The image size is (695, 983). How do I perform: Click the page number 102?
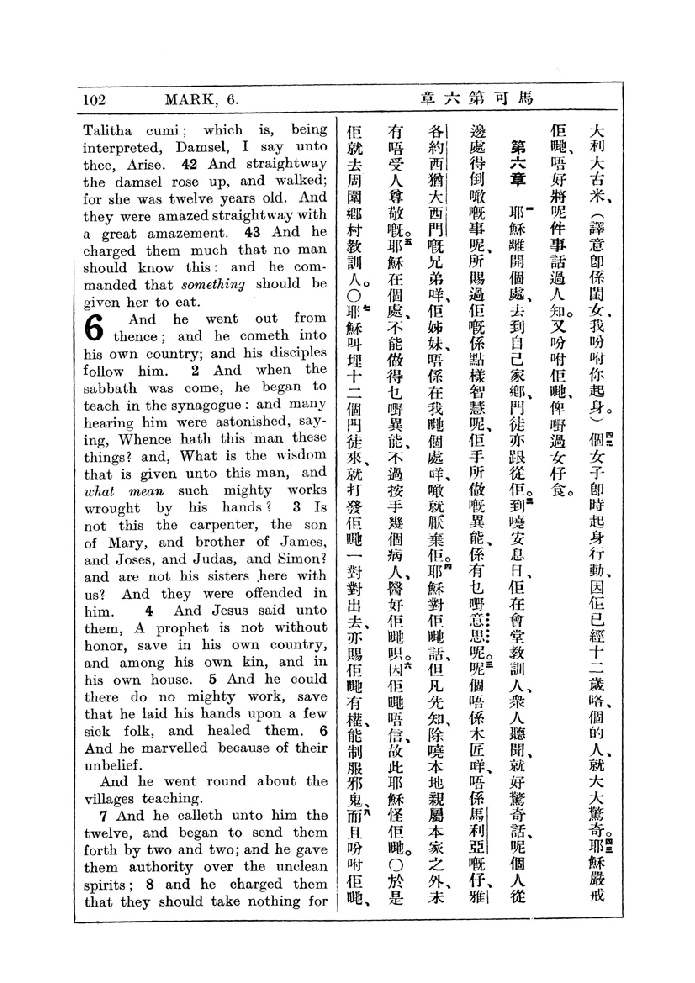pos(94,100)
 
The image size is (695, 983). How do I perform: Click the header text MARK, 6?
pos(201,100)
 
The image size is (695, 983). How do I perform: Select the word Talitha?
pos(108,130)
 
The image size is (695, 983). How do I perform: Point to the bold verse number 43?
pos(252,232)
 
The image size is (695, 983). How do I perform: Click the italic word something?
pos(213,284)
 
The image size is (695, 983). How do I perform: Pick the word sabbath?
pos(110,388)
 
